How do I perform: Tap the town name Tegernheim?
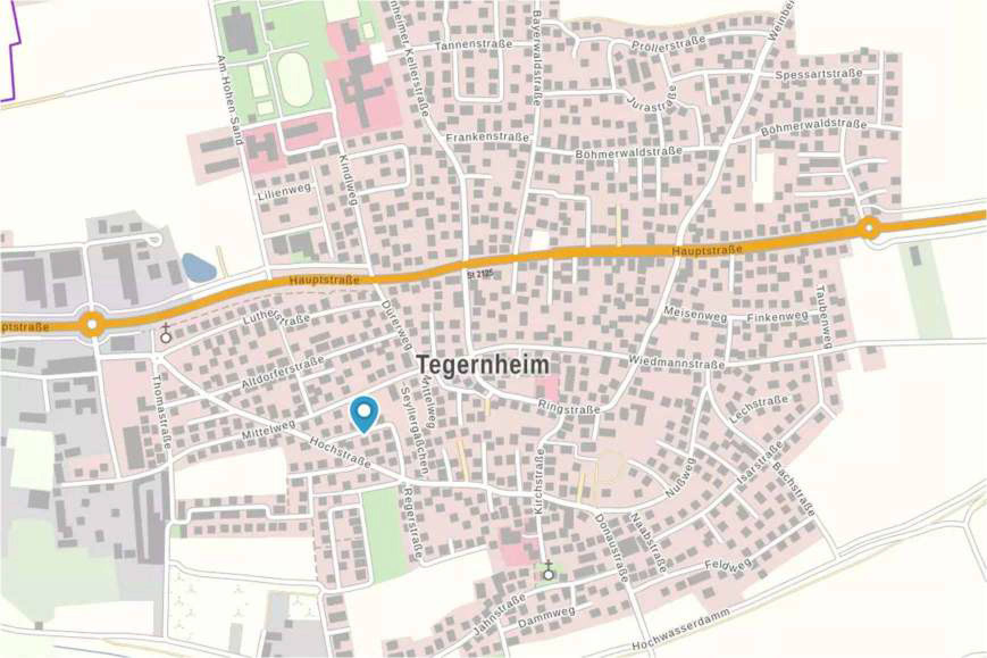pyautogui.click(x=483, y=365)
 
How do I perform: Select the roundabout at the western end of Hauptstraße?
pyautogui.click(x=92, y=325)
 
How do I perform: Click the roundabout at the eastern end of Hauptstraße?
pyautogui.click(x=869, y=229)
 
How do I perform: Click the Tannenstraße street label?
pyautogui.click(x=474, y=44)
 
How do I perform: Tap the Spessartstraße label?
pyautogui.click(x=818, y=74)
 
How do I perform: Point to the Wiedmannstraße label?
pyautogui.click(x=676, y=361)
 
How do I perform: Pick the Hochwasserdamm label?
pyautogui.click(x=681, y=630)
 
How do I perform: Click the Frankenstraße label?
pyautogui.click(x=487, y=138)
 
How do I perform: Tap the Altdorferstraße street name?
pyautogui.click(x=283, y=372)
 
